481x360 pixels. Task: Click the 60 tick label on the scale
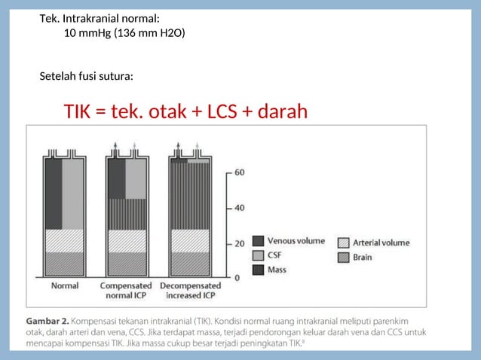[x=239, y=172]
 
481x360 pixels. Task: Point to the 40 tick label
[x=239, y=207]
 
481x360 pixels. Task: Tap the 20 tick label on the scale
[x=239, y=243]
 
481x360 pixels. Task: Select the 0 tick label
[x=237, y=277]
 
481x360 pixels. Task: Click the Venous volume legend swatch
[x=258, y=241]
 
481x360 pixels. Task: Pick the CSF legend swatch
[x=258, y=255]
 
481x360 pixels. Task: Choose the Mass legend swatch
[x=258, y=269]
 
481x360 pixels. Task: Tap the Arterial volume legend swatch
[x=344, y=243]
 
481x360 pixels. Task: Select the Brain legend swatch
[x=344, y=257]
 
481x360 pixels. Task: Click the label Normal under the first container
[x=64, y=286]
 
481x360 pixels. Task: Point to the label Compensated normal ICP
[x=126, y=291]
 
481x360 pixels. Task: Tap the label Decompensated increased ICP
[x=190, y=291]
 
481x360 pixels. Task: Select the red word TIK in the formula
[x=78, y=112]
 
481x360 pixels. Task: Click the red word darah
[x=283, y=112]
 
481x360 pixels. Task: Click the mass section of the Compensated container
[x=126, y=213]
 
